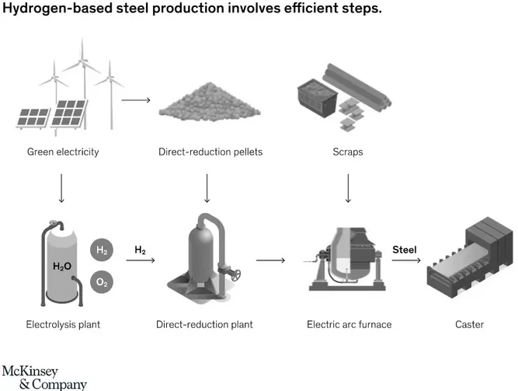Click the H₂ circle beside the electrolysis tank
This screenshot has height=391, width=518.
pos(102,250)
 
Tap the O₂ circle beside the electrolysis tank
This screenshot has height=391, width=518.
pos(102,282)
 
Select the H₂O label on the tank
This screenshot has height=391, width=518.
pos(62,267)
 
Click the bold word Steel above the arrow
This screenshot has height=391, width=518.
pos(405,250)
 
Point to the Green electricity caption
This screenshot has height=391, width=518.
pos(63,152)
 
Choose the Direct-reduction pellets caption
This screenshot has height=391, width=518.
pos(210,152)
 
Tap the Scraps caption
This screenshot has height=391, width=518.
pos(348,152)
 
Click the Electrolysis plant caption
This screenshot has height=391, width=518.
pos(63,324)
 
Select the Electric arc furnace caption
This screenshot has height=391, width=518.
pos(349,324)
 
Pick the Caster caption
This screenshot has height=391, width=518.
pos(469,324)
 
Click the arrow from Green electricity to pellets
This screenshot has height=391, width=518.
pos(136,100)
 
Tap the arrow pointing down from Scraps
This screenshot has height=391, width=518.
pos(348,188)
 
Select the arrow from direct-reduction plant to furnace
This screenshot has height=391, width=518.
pos(270,260)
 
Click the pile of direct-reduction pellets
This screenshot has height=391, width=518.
pos(210,102)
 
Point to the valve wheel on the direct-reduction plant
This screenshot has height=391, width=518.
pos(235,275)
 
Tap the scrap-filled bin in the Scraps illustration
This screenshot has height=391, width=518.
pos(318,98)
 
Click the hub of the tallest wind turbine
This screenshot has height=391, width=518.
pos(82,61)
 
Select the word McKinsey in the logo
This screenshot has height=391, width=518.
pos(30,371)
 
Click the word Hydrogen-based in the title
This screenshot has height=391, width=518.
pos(57,8)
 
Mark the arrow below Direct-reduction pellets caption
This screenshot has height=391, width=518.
pos(207,188)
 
